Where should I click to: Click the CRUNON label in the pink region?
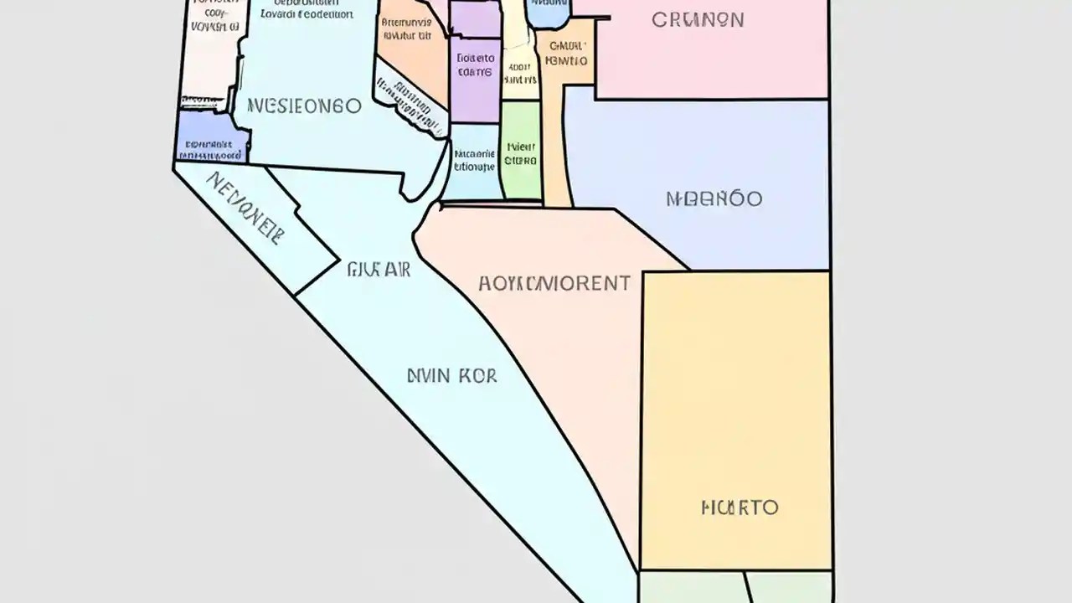click(x=698, y=19)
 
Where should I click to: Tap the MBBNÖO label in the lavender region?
click(x=714, y=198)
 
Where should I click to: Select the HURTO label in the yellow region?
click(x=740, y=507)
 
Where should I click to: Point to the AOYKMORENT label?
click(x=554, y=283)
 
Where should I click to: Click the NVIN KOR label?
click(x=451, y=376)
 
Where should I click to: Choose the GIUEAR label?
click(x=378, y=270)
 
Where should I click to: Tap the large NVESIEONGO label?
click(x=305, y=106)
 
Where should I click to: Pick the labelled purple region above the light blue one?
click(x=476, y=65)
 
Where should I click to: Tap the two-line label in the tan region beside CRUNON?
click(x=566, y=54)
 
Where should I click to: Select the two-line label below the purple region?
click(x=474, y=160)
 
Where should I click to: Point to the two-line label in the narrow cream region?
click(x=520, y=73)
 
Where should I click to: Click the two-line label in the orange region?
click(x=407, y=29)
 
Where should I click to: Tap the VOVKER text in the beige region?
click(x=214, y=26)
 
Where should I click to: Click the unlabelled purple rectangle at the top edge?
click(x=475, y=17)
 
